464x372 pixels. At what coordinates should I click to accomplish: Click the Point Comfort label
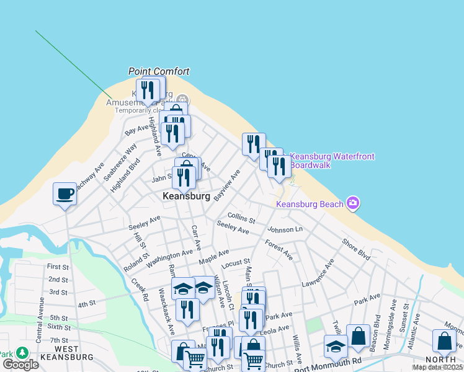point(159,71)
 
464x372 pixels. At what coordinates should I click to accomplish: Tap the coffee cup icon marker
point(65,193)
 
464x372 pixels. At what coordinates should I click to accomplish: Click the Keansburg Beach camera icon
point(353,203)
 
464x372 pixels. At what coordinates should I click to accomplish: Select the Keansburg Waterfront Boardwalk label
point(332,161)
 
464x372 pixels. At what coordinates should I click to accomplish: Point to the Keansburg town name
point(185,195)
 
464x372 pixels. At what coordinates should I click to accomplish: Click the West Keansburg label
point(66,353)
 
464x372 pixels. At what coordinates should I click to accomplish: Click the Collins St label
point(241,218)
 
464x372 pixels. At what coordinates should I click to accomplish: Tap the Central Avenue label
point(40,320)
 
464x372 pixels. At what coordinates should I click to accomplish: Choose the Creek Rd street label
point(140,290)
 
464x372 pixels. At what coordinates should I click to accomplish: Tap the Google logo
point(20,365)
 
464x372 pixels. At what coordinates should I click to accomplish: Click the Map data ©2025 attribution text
point(437,367)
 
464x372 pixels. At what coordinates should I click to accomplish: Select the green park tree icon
point(22,353)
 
